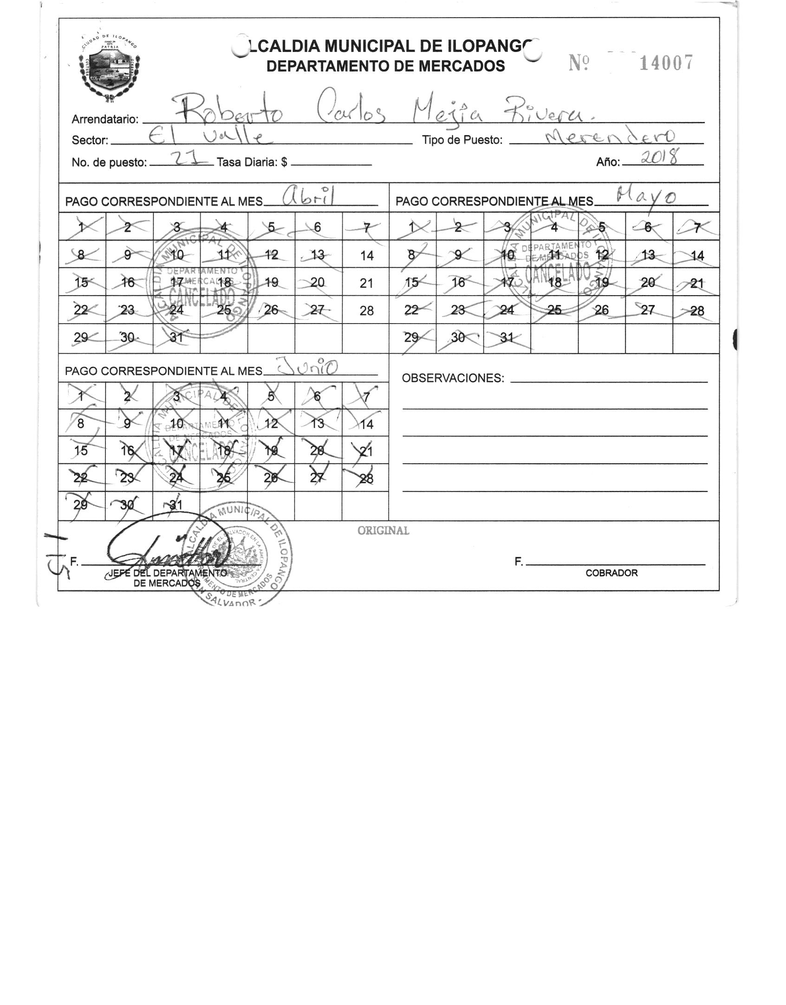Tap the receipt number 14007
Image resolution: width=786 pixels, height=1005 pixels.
666,63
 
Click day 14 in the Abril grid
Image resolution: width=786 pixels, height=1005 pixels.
366,255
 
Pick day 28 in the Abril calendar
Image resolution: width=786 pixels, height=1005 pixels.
366,311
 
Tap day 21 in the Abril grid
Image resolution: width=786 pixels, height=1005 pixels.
366,283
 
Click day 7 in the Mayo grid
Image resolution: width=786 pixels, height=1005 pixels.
696,227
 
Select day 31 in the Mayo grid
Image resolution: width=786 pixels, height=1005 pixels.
507,338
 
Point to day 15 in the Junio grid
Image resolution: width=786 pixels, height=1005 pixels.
81,451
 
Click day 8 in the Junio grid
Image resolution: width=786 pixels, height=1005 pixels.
81,423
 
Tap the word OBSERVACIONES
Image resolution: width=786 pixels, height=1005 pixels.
453,378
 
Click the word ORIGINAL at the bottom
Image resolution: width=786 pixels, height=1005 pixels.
383,531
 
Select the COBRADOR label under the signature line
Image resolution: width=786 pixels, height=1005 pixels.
611,573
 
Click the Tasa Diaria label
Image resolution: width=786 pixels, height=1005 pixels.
252,162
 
